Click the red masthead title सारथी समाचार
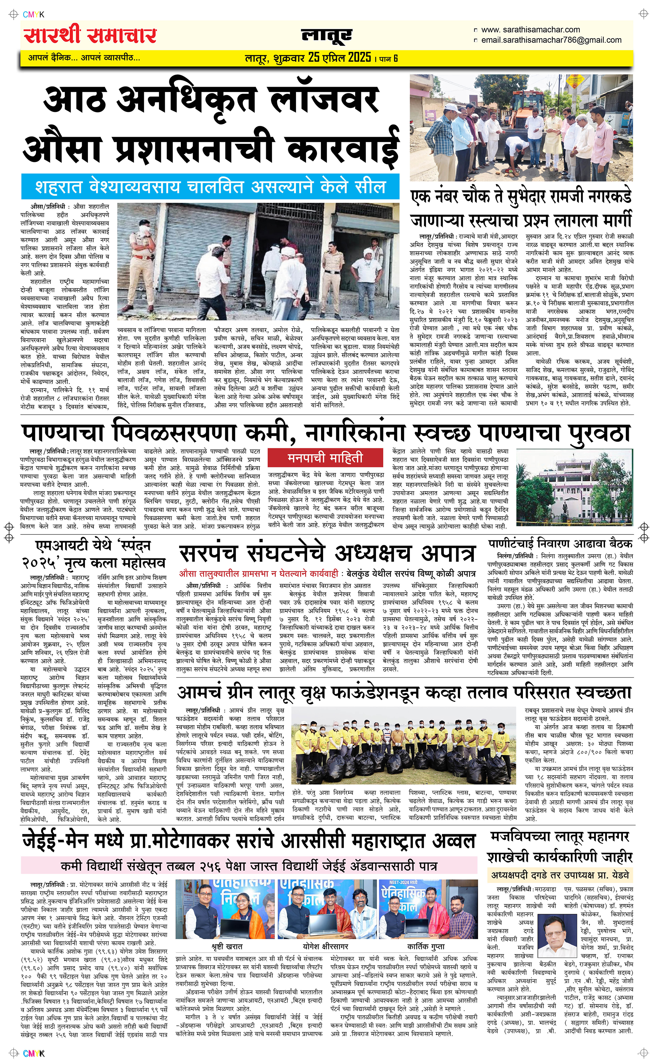coord(90,35)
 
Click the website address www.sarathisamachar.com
coord(530,30)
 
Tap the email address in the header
coord(551,40)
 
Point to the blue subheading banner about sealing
coord(210,187)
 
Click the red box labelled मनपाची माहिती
coord(325,458)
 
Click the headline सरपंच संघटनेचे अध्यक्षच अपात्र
coord(327,553)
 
